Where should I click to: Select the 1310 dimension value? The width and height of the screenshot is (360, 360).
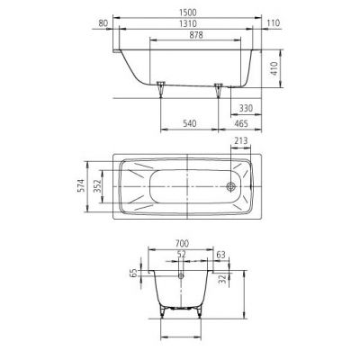coord(184,26)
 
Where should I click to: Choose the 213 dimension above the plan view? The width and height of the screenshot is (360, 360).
coord(240,140)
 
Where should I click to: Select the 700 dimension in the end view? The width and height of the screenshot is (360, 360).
coord(183,244)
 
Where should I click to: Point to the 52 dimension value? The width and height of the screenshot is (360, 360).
coord(183,256)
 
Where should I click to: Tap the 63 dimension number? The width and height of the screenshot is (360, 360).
coord(220,256)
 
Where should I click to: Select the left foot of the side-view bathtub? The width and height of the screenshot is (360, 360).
coord(161,88)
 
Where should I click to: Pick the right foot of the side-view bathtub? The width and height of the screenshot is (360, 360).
coord(218,88)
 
